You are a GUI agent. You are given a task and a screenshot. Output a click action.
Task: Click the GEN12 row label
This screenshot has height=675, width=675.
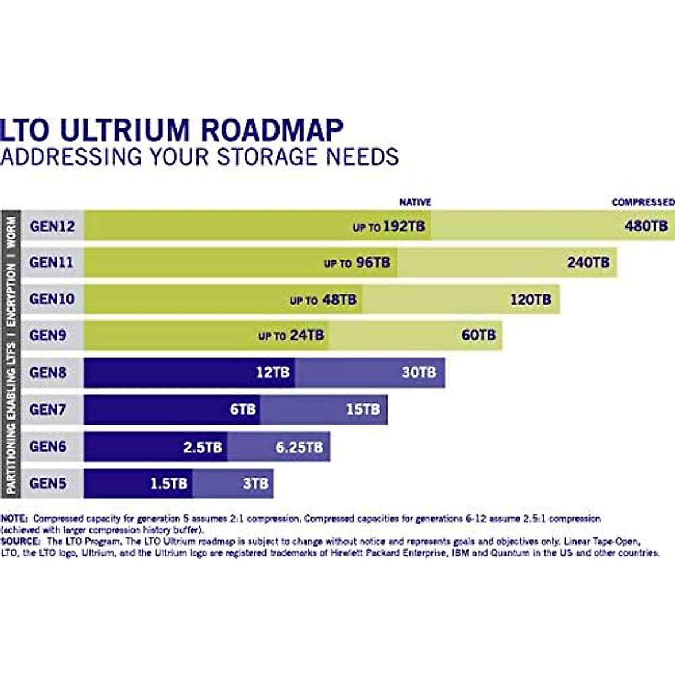point(52,226)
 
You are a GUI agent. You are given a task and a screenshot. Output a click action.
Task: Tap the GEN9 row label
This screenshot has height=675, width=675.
point(48,335)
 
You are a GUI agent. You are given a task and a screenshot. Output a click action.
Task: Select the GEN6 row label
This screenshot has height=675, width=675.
point(48,447)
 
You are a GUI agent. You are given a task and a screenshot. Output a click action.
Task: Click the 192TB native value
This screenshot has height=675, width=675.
point(403,227)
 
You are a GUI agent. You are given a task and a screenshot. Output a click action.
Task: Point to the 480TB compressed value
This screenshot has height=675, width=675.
point(646,226)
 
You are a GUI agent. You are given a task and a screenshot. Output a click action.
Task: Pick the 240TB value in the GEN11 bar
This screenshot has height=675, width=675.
point(588,262)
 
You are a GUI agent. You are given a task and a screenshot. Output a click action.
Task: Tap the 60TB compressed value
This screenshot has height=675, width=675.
point(479,335)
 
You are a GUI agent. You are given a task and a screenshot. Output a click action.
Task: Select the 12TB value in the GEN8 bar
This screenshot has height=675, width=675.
point(273,372)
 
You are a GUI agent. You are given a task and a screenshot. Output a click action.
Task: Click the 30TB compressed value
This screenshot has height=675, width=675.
point(418,372)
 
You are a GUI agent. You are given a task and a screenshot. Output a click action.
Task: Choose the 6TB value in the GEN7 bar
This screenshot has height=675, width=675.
point(242,409)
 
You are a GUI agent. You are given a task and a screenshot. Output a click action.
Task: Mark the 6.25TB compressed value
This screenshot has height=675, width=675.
point(299,448)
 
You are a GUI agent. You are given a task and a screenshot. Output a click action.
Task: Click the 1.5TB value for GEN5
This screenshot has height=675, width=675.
point(168,484)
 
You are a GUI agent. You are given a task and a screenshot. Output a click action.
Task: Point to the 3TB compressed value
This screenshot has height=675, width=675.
point(255,484)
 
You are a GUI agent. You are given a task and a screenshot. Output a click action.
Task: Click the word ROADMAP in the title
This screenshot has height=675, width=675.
point(272,130)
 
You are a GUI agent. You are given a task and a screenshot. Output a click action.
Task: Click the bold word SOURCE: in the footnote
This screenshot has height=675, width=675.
point(21,541)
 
